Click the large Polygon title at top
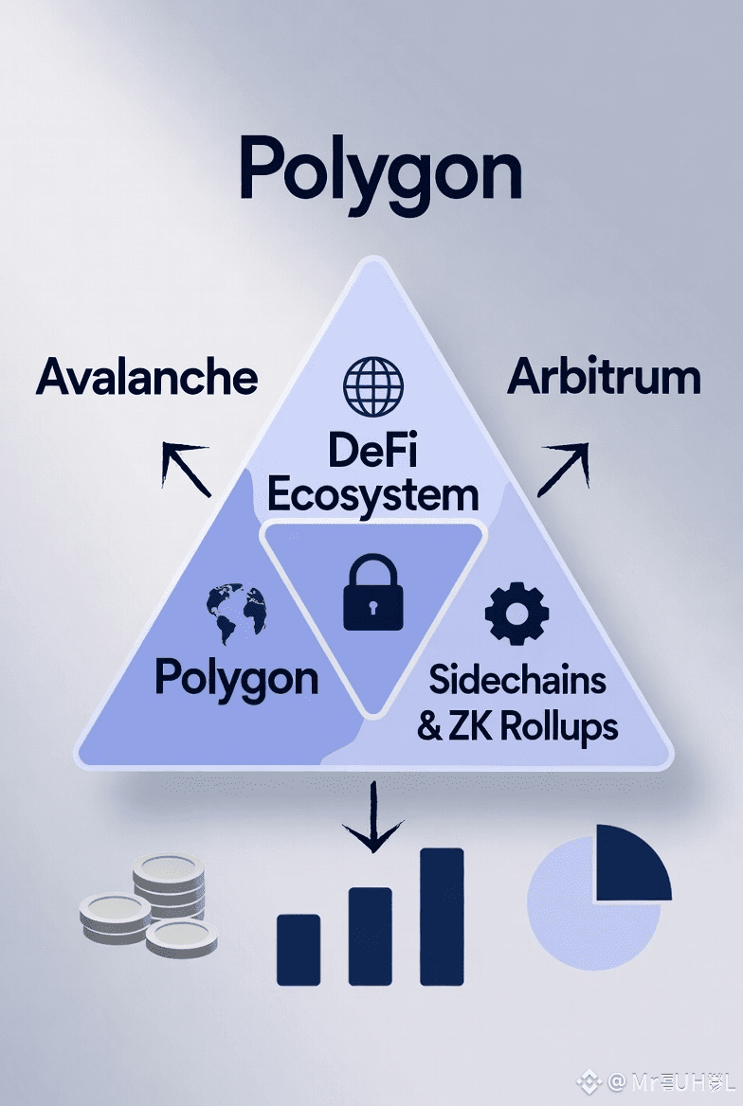[380, 170]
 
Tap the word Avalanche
[147, 378]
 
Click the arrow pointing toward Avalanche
[184, 468]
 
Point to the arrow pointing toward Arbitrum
[563, 468]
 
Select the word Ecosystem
[372, 494]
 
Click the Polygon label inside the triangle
[236, 678]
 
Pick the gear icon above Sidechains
[516, 615]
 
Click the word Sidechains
[517, 679]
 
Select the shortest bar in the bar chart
[299, 949]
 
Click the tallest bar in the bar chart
[442, 916]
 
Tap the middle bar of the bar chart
[371, 936]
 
